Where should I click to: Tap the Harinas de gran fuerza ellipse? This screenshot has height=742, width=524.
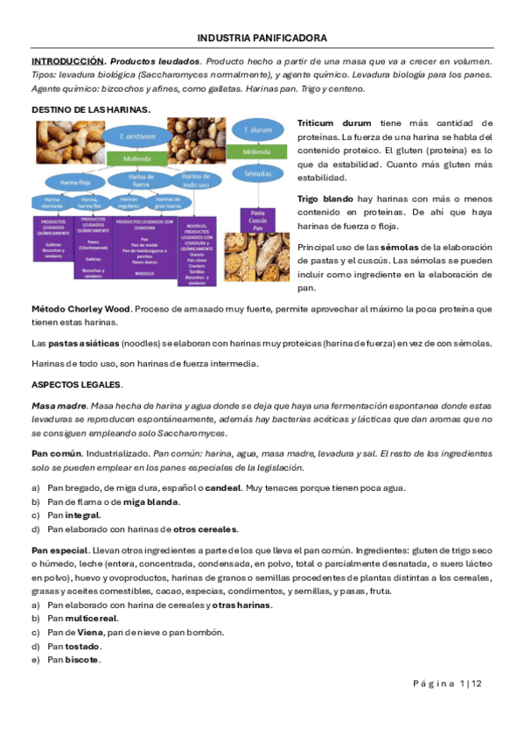coord(168,201)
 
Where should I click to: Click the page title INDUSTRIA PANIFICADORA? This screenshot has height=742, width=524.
coord(262,38)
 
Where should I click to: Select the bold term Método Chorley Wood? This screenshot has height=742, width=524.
coord(80,309)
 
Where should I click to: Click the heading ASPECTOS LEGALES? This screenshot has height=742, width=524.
coord(77,385)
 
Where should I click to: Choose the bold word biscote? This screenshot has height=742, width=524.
coord(82,660)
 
